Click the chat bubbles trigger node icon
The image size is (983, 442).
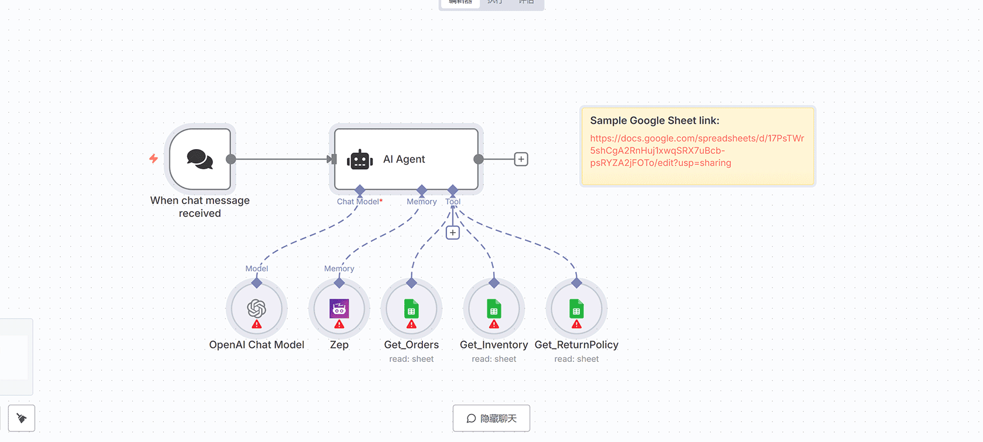coord(200,159)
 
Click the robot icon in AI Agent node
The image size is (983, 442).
coord(360,160)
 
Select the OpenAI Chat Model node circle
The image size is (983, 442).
coord(256,309)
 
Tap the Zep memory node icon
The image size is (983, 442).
coord(339,309)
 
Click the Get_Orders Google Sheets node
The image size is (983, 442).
coord(411,309)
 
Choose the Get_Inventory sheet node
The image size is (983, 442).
coord(494,309)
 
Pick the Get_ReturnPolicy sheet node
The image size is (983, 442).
coord(576,309)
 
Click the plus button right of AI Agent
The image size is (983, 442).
coord(521,159)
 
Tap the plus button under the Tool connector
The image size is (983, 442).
coord(452,233)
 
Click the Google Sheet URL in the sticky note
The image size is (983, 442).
coord(696,150)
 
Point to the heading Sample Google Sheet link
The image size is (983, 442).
coord(654,120)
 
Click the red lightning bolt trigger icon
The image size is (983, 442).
coord(153,158)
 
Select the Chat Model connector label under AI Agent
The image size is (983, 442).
coord(359,202)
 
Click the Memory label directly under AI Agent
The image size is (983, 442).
coord(421,202)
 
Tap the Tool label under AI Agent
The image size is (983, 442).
coord(453,202)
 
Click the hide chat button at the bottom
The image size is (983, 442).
coord(491,418)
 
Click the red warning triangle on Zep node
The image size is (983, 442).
coord(339,324)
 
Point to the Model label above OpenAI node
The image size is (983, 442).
coord(256,268)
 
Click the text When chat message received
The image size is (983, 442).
coord(200,207)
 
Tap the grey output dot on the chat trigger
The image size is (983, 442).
coord(231,159)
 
